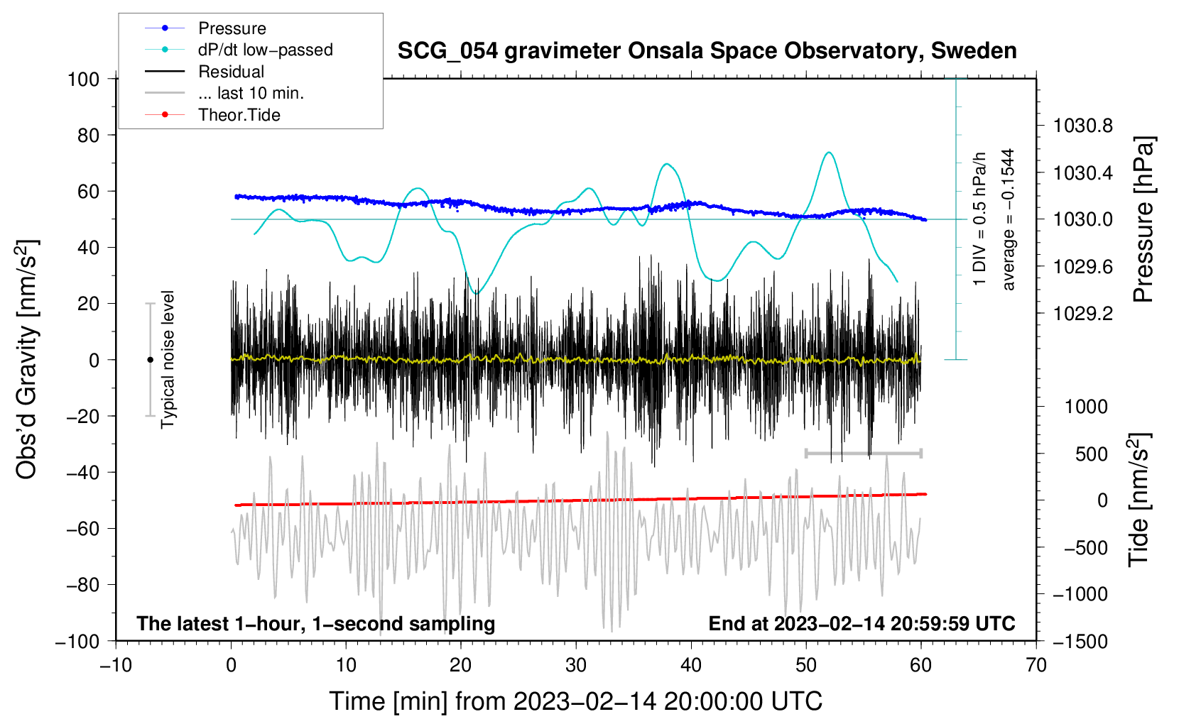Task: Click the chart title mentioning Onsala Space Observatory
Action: [707, 51]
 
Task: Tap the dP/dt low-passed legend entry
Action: [265, 50]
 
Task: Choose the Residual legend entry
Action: [231, 72]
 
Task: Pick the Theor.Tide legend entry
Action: [239, 115]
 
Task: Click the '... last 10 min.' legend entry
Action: [251, 93]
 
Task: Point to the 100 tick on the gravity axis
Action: [84, 79]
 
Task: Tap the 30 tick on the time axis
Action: [576, 665]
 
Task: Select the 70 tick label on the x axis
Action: [1036, 665]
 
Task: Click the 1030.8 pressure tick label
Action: [1082, 126]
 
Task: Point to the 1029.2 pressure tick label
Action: [1082, 314]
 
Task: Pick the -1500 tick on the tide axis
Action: [1080, 642]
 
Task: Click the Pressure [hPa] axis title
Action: [1143, 219]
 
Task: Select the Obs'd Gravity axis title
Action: [27, 359]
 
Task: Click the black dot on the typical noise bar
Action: [150, 360]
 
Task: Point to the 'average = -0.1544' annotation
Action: [1008, 219]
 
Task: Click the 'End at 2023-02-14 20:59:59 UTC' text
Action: [862, 624]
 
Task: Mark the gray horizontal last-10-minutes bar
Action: [863, 453]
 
